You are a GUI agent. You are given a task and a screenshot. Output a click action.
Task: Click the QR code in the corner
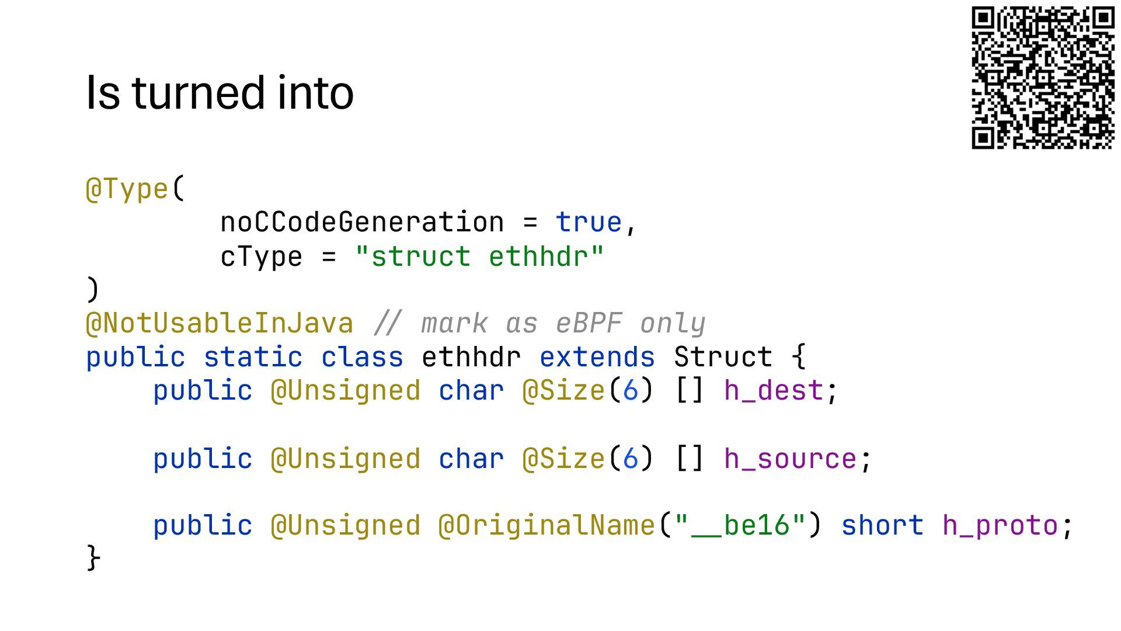[1043, 78]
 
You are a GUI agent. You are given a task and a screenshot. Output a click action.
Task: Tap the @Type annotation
[127, 189]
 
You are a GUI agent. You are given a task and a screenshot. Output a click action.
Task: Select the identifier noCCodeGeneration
[362, 223]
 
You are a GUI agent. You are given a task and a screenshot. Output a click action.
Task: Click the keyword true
[589, 223]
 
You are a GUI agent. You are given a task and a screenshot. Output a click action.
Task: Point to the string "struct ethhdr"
[479, 256]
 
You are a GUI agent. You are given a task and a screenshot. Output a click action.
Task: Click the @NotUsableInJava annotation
[220, 323]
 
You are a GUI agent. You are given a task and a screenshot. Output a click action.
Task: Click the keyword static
[253, 357]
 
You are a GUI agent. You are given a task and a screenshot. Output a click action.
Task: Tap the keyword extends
[597, 357]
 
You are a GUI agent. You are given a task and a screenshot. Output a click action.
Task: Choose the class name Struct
[723, 357]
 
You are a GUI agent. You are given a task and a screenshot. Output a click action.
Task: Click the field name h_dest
[774, 390]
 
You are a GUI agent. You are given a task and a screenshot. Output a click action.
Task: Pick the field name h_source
[790, 459]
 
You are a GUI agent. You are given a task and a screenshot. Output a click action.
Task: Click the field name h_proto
[1000, 525]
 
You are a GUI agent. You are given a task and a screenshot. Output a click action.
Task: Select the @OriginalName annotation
[546, 525]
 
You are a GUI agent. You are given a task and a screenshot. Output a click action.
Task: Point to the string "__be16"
[740, 525]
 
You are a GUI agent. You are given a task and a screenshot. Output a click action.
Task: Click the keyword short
[882, 525]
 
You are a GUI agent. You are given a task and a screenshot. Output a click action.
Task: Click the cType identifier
[261, 256]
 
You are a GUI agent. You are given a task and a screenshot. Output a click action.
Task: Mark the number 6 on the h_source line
[631, 459]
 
